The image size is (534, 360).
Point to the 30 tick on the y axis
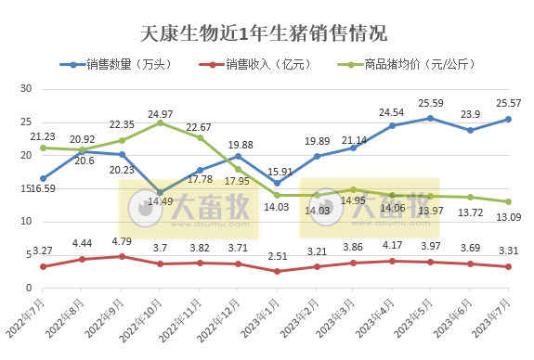[x=26, y=89]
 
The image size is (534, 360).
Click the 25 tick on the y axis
[x=26, y=122]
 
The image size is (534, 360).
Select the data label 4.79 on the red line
[x=123, y=243]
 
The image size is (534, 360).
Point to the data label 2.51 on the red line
[x=276, y=257]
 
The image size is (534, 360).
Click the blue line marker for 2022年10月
[x=160, y=192]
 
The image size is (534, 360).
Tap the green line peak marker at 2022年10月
[x=160, y=122]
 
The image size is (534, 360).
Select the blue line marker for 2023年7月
[x=508, y=119]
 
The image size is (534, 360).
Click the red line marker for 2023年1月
[x=276, y=271]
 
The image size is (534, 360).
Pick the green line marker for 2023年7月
[x=508, y=201]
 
